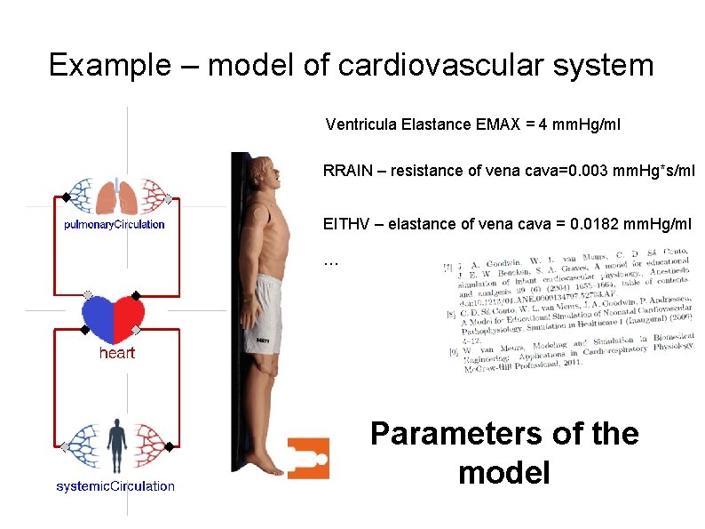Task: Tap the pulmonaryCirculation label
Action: point(115,225)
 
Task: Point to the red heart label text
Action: point(116,353)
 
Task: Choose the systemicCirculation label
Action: point(115,486)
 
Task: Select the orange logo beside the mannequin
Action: point(308,458)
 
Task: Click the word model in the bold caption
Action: point(503,472)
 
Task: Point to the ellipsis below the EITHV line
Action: point(331,261)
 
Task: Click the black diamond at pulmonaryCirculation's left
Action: point(65,197)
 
